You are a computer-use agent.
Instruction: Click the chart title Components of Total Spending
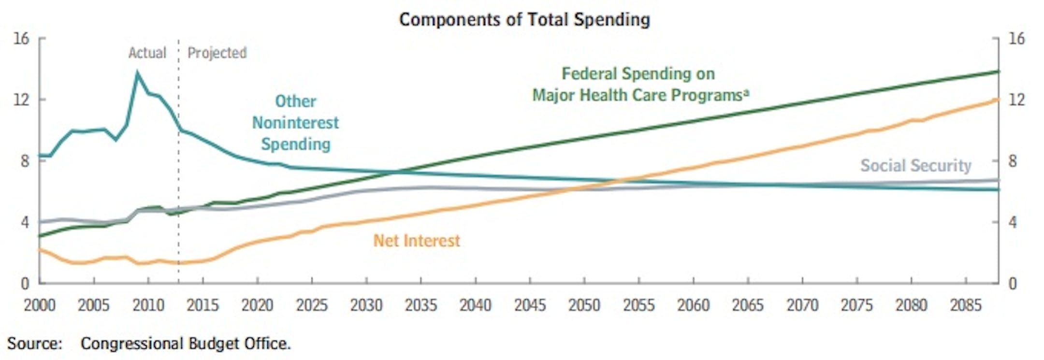(524, 20)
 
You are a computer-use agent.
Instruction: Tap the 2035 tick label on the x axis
(421, 305)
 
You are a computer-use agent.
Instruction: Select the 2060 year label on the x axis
(693, 305)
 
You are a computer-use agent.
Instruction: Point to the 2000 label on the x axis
(40, 305)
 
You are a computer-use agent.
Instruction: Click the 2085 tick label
(966, 305)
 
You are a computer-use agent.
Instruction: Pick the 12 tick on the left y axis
(22, 100)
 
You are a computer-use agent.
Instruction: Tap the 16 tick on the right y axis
(1016, 39)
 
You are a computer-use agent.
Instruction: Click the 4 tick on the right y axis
(1012, 222)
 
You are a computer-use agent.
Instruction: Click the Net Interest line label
(417, 241)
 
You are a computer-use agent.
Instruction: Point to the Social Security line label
(915, 166)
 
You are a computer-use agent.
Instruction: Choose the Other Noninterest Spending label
(295, 123)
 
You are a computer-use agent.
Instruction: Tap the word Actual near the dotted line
(147, 53)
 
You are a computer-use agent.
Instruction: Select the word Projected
(217, 53)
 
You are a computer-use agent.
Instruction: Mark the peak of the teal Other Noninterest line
(137, 73)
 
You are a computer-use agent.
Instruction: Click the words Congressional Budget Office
(186, 344)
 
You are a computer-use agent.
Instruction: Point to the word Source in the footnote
(34, 344)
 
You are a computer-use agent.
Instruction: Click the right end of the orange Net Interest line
(997, 100)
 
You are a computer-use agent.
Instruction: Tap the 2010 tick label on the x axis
(148, 305)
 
